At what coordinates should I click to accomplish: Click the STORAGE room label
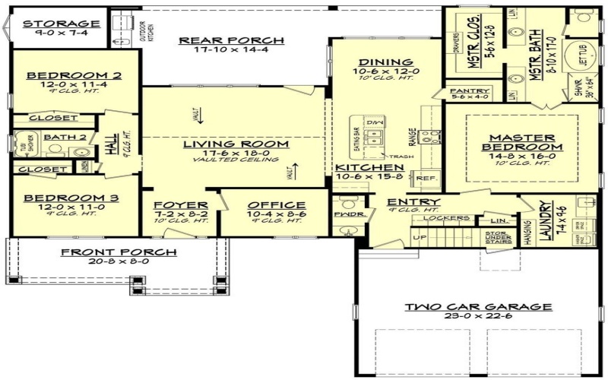[x=61, y=24]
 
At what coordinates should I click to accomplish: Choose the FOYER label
[x=181, y=205]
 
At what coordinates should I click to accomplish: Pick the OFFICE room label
[x=276, y=205]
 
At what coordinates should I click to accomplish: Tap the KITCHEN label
[x=369, y=167]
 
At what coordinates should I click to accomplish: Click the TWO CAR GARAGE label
[x=477, y=307]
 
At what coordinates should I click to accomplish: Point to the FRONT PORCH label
[x=119, y=252]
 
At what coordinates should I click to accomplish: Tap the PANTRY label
[x=470, y=91]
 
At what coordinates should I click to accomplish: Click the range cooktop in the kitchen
[x=431, y=137]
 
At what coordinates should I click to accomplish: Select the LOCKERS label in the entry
[x=451, y=218]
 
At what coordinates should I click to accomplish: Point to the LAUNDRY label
[x=544, y=221]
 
